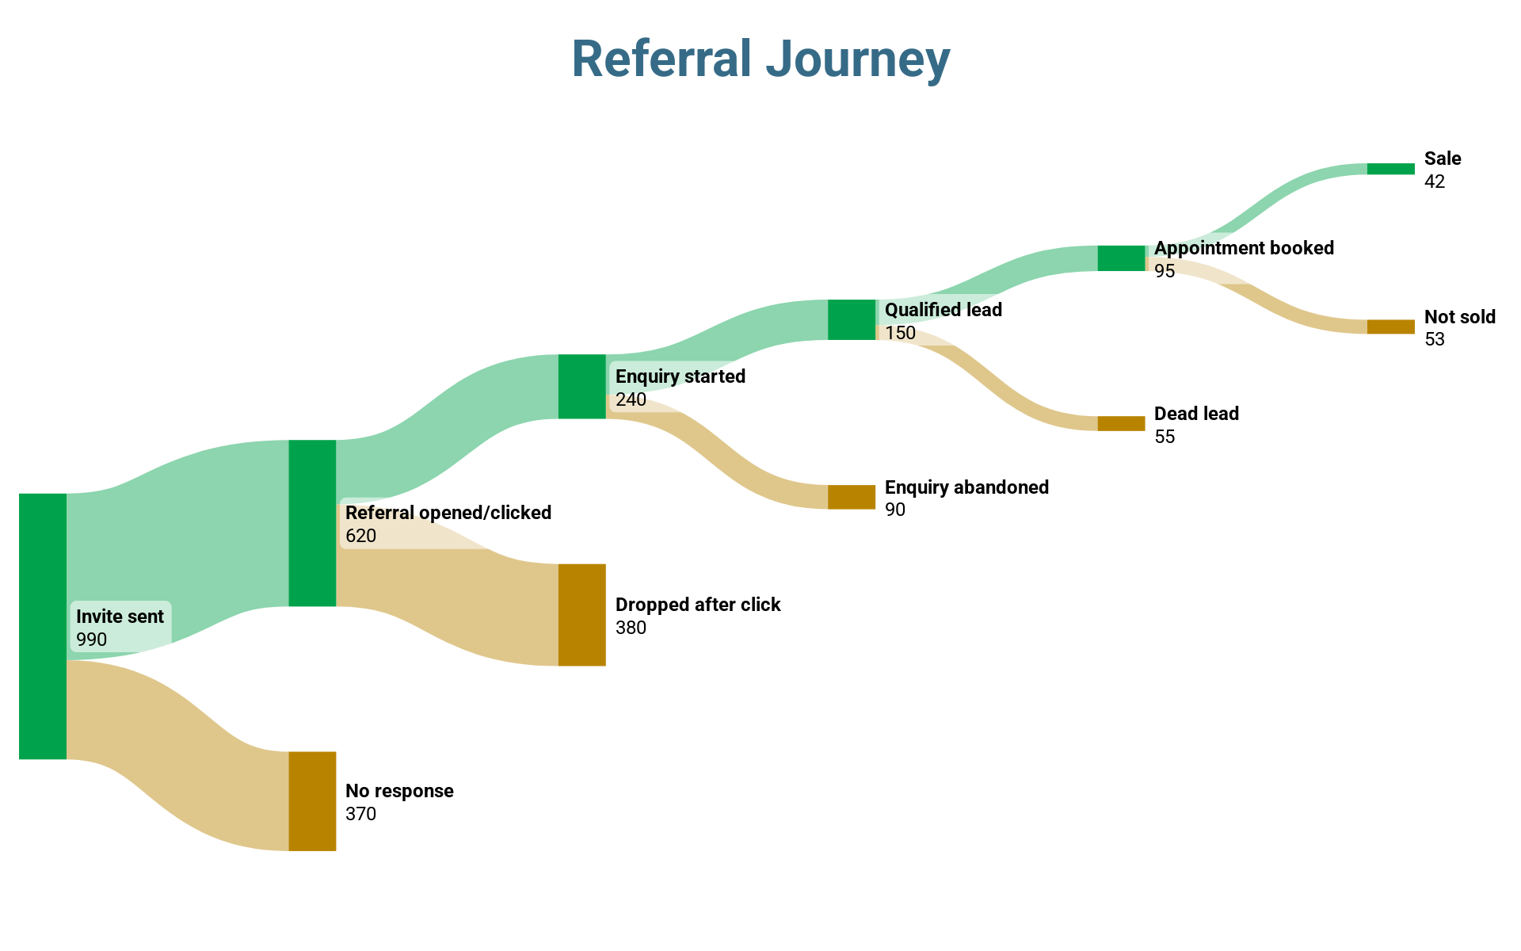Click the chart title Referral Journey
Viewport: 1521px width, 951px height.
click(760, 59)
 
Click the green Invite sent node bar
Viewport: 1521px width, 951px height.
click(43, 626)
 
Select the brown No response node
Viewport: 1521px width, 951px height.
click(312, 801)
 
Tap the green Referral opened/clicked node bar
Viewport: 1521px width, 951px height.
click(312, 523)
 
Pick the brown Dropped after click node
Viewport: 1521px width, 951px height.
click(582, 615)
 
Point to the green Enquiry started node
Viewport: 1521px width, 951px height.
click(582, 387)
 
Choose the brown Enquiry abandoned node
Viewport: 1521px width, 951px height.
click(852, 497)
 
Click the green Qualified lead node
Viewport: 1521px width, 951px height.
click(852, 320)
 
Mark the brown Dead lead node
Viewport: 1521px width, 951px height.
click(1121, 424)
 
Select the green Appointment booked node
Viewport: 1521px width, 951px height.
click(1121, 258)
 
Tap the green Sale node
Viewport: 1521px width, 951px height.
click(1390, 169)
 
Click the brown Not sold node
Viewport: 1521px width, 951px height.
click(1390, 327)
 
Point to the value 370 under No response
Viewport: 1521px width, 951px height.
click(361, 814)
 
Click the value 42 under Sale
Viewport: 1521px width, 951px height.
click(1435, 181)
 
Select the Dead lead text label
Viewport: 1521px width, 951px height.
click(1196, 414)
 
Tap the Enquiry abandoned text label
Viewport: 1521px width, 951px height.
click(966, 487)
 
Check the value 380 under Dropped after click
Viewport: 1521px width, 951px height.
click(631, 628)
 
